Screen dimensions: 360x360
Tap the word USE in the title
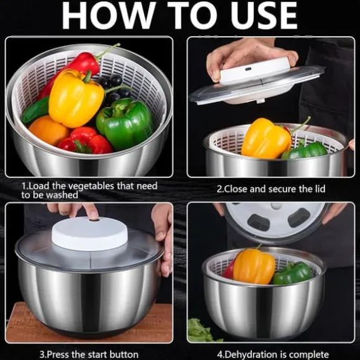click(x=264, y=15)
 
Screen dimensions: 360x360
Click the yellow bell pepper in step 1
click(x=76, y=98)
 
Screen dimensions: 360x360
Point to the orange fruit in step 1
click(x=48, y=130)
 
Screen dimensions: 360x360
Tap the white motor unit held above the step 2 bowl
click(x=255, y=70)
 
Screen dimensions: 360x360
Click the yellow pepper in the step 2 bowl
click(x=266, y=138)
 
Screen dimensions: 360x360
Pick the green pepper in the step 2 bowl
click(x=305, y=150)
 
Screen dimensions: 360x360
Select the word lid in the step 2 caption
click(x=320, y=189)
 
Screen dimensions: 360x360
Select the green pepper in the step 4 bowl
click(x=293, y=273)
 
